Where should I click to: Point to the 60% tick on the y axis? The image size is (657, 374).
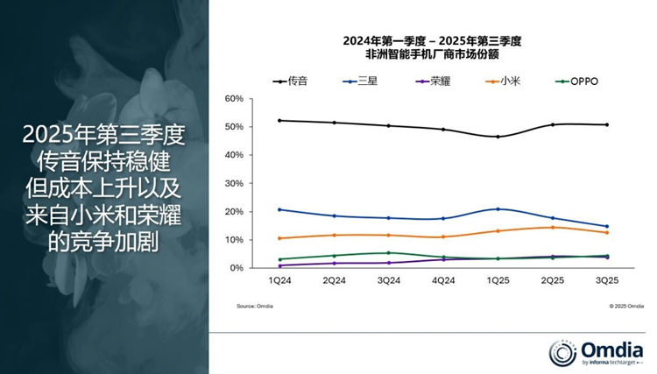pos(233,99)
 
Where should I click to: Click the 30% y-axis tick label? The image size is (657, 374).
pos(233,183)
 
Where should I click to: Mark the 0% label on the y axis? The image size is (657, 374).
pos(236,268)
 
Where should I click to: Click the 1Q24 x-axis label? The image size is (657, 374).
pos(279,281)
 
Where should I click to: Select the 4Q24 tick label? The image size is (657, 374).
pos(443,281)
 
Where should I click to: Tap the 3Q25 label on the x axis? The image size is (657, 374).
pos(606,281)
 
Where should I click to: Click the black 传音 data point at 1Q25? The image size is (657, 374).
pos(498,137)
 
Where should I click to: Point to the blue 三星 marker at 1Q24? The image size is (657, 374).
pos(279,209)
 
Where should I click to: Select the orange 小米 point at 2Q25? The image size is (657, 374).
pos(552,228)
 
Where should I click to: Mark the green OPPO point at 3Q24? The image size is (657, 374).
pos(388,253)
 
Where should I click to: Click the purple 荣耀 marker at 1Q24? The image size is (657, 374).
pos(279,265)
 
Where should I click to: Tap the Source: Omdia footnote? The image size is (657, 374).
pos(255,307)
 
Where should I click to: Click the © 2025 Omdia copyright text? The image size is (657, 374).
pos(626,307)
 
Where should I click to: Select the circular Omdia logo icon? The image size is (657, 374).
pos(562,353)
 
